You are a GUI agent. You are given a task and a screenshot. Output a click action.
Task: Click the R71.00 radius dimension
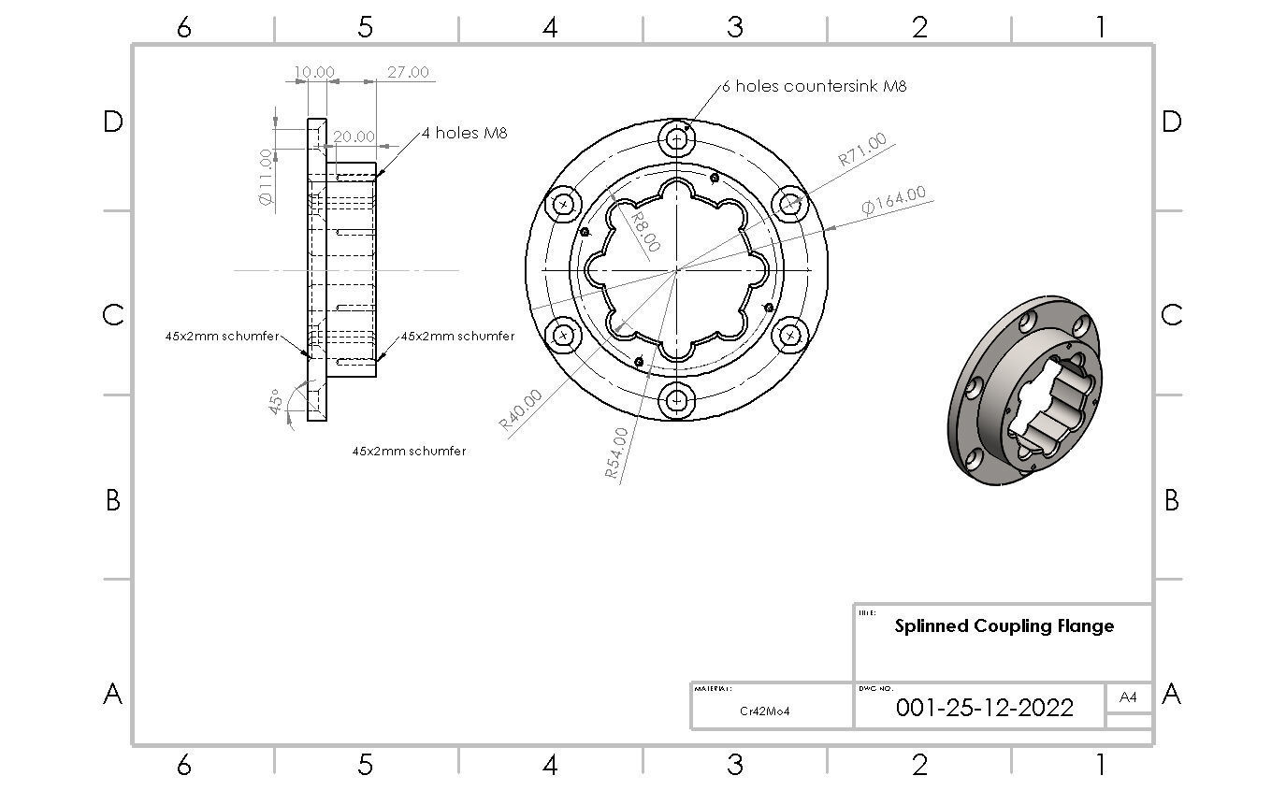tap(861, 151)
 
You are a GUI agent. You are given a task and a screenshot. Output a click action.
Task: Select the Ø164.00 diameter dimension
tap(894, 200)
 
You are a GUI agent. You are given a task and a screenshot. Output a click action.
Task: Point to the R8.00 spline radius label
tap(644, 231)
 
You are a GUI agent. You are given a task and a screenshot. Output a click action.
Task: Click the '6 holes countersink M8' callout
tap(815, 86)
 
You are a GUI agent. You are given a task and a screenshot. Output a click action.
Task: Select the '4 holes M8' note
tap(464, 133)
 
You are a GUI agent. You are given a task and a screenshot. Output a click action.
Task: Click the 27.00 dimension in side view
tap(408, 72)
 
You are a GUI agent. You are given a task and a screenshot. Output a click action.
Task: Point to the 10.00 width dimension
tap(314, 72)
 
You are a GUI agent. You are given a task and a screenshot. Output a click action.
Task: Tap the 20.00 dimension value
tap(354, 136)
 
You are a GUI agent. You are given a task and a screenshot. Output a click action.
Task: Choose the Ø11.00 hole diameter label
tap(265, 178)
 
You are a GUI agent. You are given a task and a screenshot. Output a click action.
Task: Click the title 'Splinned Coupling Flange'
tap(1004, 626)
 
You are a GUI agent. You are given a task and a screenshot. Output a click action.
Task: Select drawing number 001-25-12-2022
tap(984, 707)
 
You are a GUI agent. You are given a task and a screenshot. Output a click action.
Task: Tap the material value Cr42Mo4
tap(764, 711)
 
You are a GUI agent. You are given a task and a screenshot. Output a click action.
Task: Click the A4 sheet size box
tap(1128, 697)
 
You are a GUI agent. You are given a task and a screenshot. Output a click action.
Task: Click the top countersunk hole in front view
tap(676, 140)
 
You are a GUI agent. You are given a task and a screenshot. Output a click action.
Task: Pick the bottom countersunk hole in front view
tap(676, 402)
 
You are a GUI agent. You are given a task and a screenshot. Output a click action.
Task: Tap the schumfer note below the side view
tap(409, 451)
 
